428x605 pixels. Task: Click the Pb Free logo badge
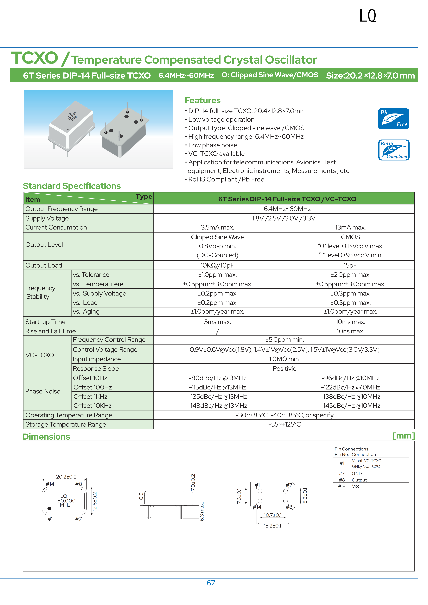[x=393, y=119]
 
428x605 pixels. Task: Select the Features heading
[x=202, y=100]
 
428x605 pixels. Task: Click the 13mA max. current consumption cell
[x=350, y=227]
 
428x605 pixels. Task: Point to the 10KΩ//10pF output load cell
[x=217, y=265]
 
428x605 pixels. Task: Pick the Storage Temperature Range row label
[x=66, y=425]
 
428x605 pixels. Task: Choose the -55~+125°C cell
[x=284, y=425]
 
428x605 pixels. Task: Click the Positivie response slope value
[x=284, y=369]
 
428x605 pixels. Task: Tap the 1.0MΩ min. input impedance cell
[x=284, y=359]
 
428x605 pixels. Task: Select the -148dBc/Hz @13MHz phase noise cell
[x=217, y=406]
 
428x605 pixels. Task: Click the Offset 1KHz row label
[x=90, y=397]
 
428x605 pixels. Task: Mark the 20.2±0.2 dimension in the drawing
[x=66, y=477]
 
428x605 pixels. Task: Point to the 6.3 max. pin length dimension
[x=202, y=512]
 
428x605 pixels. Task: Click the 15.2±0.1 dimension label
[x=272, y=526]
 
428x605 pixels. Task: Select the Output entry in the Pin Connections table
[x=359, y=480]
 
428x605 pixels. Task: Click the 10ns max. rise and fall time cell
[x=350, y=331]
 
